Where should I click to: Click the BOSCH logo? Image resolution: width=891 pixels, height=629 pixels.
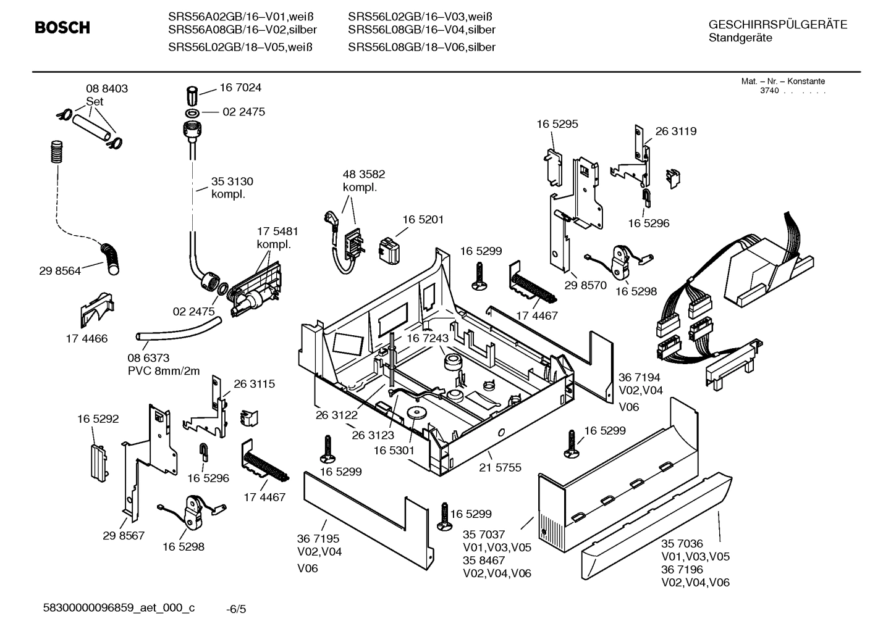(62, 28)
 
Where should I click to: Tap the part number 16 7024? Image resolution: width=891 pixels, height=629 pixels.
(240, 88)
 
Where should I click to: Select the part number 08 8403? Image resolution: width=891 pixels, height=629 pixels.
(107, 88)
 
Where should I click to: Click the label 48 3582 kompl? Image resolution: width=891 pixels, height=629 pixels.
(363, 181)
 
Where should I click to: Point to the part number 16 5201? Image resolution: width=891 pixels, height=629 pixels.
(423, 219)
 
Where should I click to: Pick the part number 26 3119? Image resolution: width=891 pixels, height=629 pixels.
(675, 131)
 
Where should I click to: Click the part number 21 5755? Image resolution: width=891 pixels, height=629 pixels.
(500, 467)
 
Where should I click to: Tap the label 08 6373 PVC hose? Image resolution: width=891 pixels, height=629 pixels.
(164, 364)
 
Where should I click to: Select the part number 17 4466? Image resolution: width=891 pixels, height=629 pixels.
(87, 338)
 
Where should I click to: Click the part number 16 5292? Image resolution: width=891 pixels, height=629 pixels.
(98, 419)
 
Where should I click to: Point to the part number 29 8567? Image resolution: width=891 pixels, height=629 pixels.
(124, 535)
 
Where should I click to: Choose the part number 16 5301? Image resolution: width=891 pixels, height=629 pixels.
(394, 451)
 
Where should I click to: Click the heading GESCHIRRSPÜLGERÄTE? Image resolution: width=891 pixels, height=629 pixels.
(777, 25)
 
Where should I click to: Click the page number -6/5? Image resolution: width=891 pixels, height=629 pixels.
(236, 609)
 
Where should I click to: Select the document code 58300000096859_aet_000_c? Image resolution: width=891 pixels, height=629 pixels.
(118, 608)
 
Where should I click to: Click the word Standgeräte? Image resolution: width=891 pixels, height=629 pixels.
(740, 38)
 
